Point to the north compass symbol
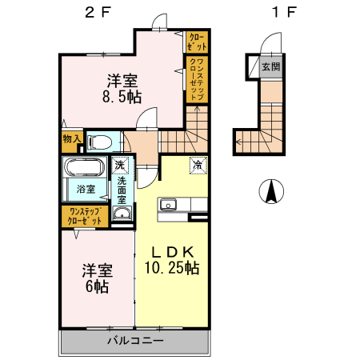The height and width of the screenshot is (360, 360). (272, 191)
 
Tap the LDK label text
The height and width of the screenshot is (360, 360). (172, 250)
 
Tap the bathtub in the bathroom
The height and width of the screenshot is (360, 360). (84, 170)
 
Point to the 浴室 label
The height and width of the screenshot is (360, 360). (86, 190)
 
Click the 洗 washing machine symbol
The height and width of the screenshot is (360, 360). (120, 166)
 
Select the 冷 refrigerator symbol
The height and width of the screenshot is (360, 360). (197, 166)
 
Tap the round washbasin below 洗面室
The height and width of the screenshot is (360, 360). (122, 214)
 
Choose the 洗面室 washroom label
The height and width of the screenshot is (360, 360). (122, 190)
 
